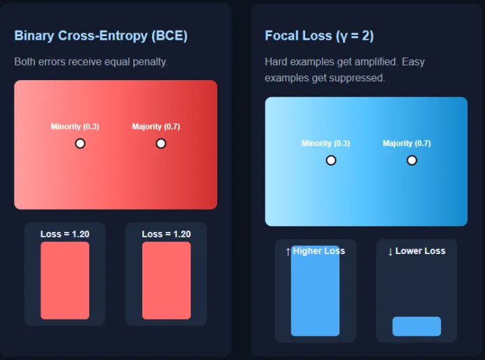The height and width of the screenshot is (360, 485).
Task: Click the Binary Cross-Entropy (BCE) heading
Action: (x=100, y=36)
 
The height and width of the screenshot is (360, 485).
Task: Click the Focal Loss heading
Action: (x=319, y=36)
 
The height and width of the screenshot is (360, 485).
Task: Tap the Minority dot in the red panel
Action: (x=80, y=143)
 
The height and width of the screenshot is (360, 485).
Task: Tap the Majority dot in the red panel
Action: (x=161, y=143)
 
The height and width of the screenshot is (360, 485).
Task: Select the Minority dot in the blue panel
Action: (x=331, y=160)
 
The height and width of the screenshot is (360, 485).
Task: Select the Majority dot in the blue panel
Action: (x=412, y=160)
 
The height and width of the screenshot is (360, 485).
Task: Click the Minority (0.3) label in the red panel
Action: (x=75, y=127)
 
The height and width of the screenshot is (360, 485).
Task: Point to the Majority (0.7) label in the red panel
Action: (x=156, y=127)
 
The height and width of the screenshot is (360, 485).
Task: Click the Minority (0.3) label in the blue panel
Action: (x=325, y=143)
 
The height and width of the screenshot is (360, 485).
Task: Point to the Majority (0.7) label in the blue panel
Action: (x=406, y=143)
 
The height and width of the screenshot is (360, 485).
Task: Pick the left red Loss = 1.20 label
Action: (x=65, y=234)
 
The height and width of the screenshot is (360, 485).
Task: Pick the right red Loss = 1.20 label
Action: (x=166, y=234)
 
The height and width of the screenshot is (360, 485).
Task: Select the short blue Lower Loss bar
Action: (x=417, y=326)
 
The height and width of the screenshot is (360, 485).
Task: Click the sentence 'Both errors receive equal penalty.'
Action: (x=91, y=62)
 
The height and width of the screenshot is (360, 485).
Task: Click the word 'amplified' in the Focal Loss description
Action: (x=377, y=62)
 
